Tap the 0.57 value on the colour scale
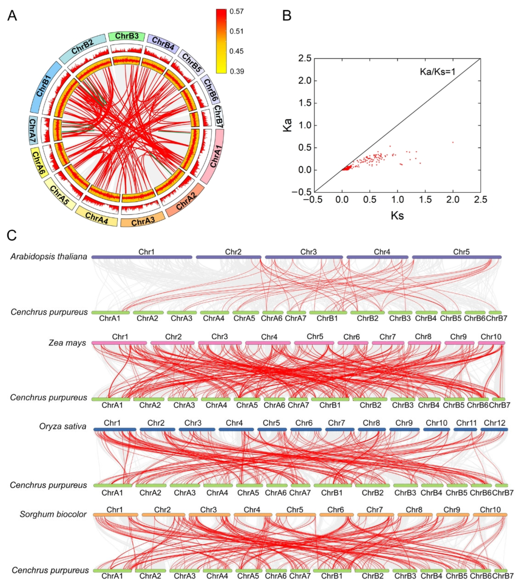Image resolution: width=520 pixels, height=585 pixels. pos(237,11)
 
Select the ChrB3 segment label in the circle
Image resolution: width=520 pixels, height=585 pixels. pos(127,36)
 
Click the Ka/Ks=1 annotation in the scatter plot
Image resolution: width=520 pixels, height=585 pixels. pos(437,72)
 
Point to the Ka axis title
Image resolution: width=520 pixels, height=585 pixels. pos(287,125)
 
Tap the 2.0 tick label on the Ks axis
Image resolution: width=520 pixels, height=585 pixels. pos(453,199)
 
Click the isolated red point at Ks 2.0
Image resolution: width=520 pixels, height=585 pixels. pos(453,142)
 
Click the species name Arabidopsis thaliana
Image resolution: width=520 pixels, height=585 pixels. pos(49,256)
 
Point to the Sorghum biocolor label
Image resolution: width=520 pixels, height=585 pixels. pos(53,514)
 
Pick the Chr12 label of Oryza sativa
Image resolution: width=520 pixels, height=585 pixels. pos(495,423)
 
